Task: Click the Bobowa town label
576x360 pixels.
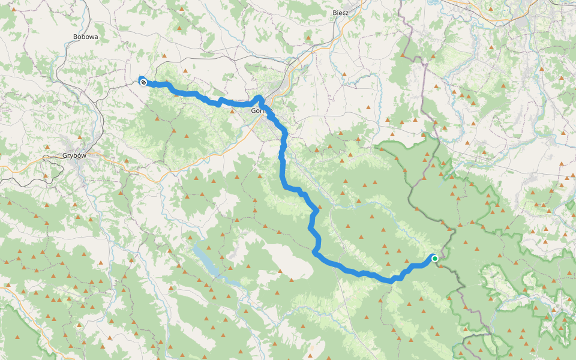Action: click(x=85, y=37)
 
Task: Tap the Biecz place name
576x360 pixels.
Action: click(x=345, y=12)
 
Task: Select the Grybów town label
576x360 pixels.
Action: click(x=74, y=155)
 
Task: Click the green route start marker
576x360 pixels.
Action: click(x=434, y=259)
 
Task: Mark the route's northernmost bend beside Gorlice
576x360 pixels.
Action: click(x=259, y=97)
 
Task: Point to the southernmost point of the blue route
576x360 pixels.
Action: click(x=393, y=280)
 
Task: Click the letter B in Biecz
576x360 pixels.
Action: click(x=335, y=12)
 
